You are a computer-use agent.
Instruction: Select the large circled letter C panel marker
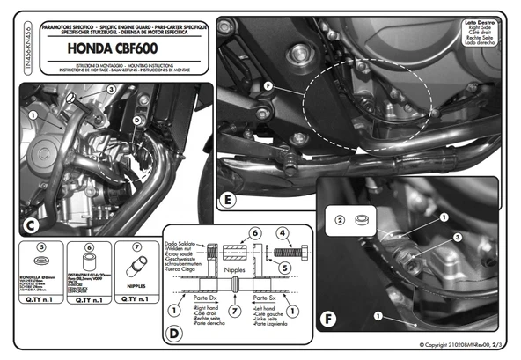click(x=29, y=226)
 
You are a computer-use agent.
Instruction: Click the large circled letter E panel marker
click(x=228, y=200)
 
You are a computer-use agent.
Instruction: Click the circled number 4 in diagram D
click(x=283, y=234)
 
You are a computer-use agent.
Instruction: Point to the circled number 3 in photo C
click(x=112, y=89)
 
